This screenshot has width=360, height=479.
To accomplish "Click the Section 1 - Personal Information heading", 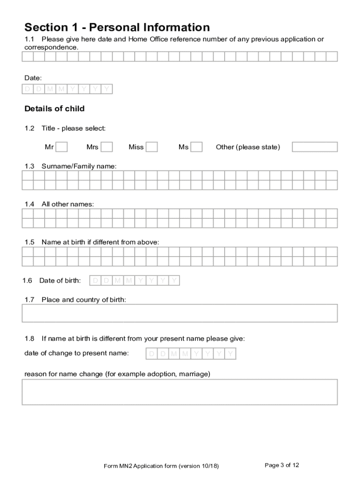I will click(x=117, y=27).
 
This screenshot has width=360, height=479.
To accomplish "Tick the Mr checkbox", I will click(x=62, y=147).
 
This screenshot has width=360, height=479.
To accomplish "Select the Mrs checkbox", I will click(x=107, y=147).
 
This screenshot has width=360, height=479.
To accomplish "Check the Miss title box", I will click(x=151, y=147).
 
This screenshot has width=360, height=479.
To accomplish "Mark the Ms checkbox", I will click(x=197, y=147).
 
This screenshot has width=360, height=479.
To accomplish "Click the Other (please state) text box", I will click(x=315, y=147).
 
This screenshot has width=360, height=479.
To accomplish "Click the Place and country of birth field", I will click(x=180, y=313).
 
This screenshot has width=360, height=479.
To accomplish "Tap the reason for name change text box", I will click(x=180, y=392).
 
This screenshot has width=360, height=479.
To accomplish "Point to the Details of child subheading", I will click(x=54, y=109).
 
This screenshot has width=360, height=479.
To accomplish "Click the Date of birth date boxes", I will click(x=134, y=281).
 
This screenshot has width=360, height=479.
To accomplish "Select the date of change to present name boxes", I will click(x=191, y=354).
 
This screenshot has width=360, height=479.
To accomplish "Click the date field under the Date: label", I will click(x=67, y=89).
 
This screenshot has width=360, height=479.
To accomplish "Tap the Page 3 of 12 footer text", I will click(x=282, y=465).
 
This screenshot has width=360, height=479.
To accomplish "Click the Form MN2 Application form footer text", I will click(x=161, y=466).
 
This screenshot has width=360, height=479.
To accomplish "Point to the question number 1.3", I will click(x=29, y=166).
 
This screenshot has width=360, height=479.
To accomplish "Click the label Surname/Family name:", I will click(x=79, y=166).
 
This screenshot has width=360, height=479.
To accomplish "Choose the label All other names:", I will click(x=67, y=204).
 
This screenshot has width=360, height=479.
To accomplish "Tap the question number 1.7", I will click(x=29, y=299).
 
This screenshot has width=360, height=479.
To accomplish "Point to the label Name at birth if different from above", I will click(x=100, y=242).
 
